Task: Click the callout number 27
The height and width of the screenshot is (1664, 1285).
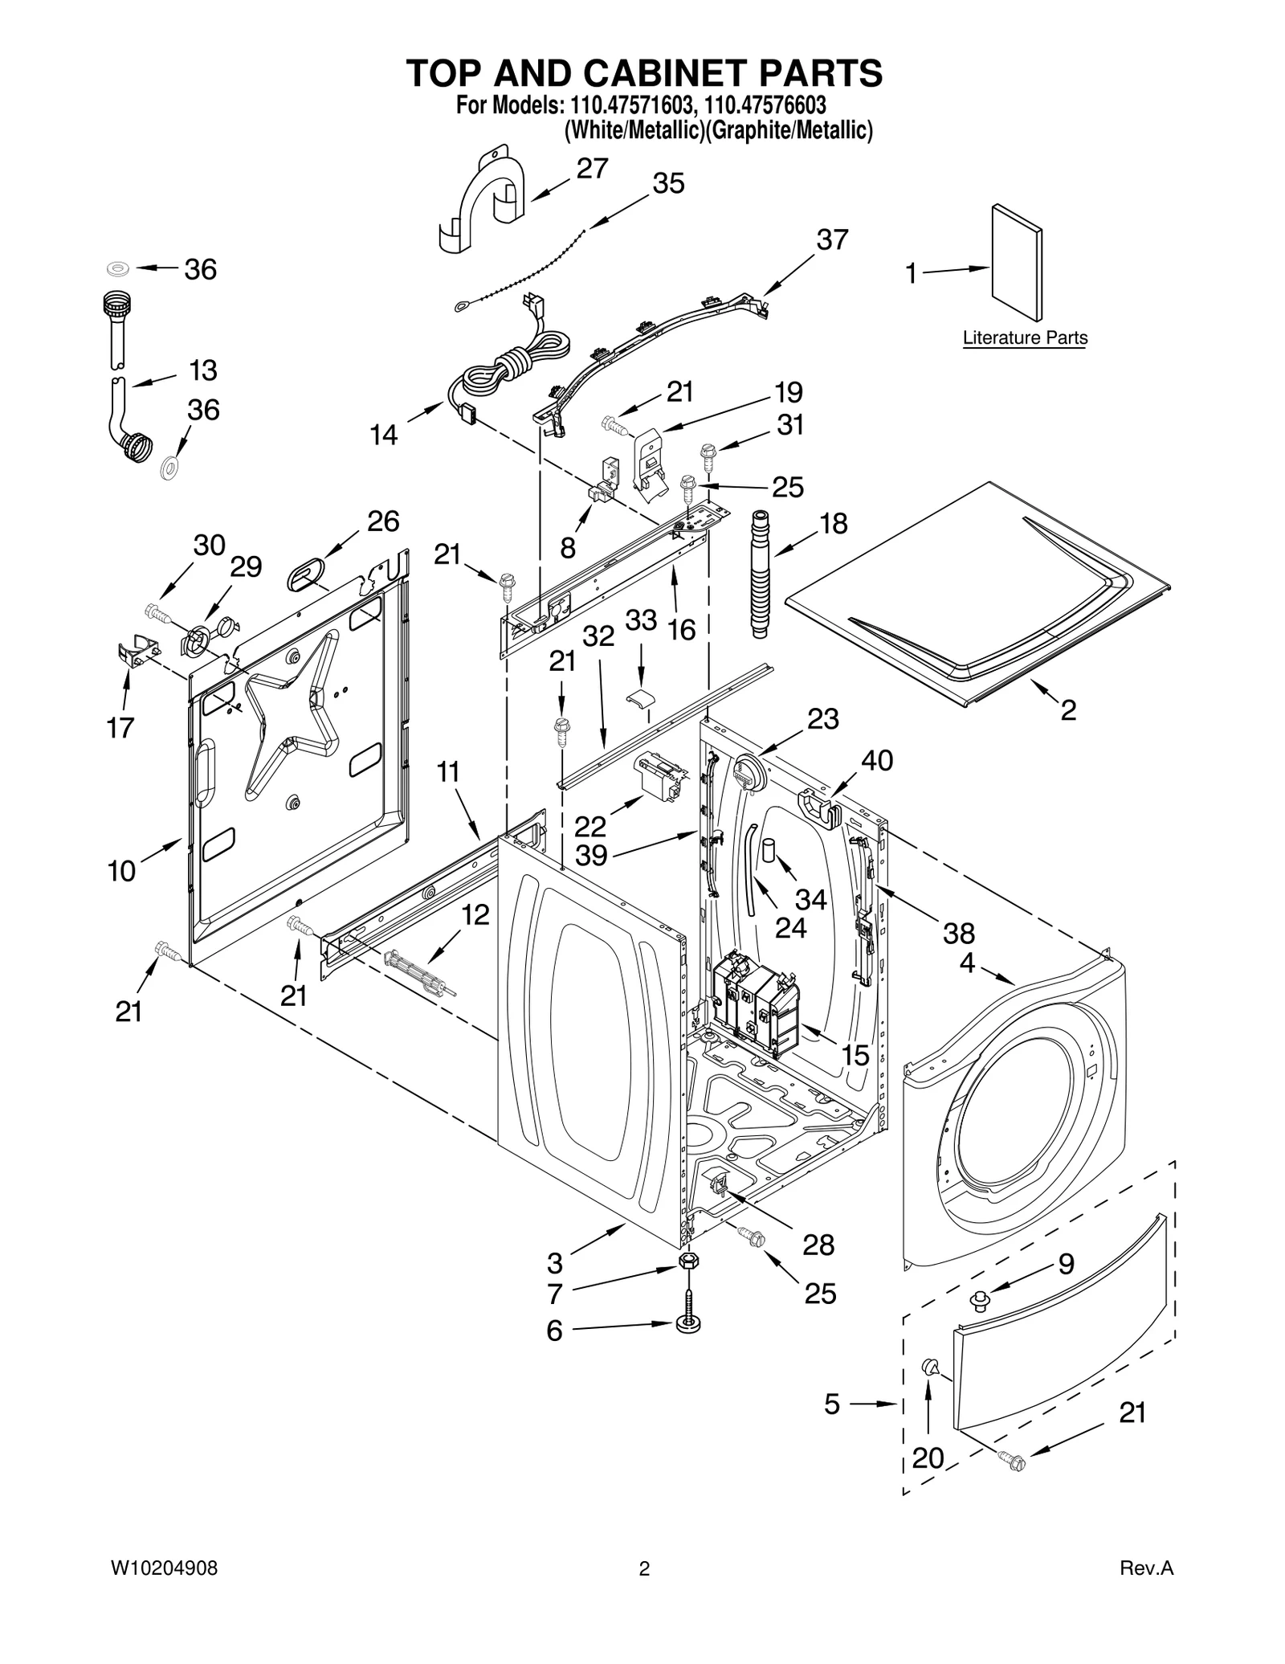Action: (x=592, y=168)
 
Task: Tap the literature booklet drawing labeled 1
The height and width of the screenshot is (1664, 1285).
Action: (x=1017, y=263)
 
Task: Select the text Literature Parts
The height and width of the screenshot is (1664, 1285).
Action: (x=1025, y=338)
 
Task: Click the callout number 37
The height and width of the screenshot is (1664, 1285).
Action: (x=832, y=239)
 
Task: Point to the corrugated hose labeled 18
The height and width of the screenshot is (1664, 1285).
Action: (x=758, y=574)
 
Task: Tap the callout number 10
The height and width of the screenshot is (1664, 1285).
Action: (x=122, y=870)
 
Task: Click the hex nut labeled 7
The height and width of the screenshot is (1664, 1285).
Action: (x=687, y=1261)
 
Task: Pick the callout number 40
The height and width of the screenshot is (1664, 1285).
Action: (x=876, y=760)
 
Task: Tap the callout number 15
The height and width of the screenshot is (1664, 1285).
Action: (x=855, y=1056)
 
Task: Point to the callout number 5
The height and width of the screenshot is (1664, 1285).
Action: (x=831, y=1404)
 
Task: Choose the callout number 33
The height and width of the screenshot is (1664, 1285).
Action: (x=641, y=620)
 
